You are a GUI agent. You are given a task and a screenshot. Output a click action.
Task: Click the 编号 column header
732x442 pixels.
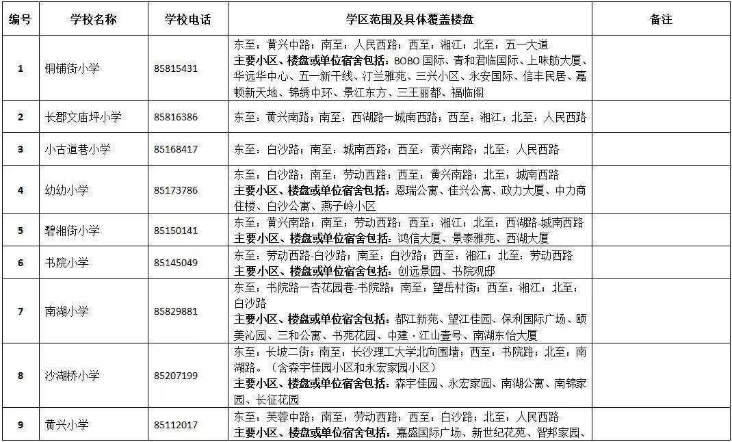20,19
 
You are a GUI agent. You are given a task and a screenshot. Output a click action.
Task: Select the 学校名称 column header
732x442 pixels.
93,19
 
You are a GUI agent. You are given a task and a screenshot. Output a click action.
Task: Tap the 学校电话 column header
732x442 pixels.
187,19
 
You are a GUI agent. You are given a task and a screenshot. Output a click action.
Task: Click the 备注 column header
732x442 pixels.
661,19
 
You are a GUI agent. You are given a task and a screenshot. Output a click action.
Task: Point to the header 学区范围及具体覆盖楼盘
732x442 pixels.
410,19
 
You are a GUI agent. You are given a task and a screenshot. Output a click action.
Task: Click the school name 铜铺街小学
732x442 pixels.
73,68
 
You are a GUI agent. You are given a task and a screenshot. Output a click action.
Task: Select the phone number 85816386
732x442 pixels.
176,117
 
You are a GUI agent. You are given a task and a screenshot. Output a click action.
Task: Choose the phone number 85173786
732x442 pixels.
176,190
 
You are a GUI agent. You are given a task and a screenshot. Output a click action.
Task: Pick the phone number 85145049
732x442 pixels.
176,263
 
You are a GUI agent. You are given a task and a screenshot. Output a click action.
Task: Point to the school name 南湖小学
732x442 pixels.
67,311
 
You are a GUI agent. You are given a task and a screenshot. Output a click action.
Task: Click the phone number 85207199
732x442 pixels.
176,376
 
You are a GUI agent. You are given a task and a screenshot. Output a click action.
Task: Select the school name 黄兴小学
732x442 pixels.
67,425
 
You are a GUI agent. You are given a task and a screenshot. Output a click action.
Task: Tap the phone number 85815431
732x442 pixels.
176,68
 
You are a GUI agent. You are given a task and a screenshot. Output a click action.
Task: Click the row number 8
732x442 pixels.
20,376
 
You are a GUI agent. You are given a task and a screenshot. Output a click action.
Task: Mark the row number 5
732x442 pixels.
20,231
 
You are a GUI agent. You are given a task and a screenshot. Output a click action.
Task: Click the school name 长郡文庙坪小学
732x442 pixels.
83,117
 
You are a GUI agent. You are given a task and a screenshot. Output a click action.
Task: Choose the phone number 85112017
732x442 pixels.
176,425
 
